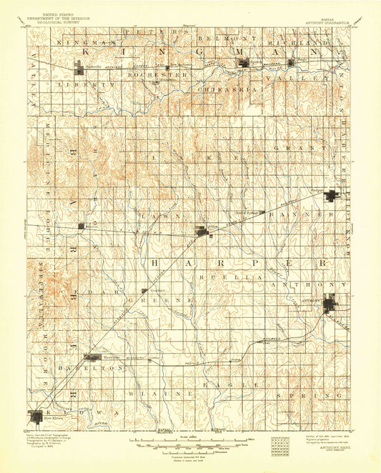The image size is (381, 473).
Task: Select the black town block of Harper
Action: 332,196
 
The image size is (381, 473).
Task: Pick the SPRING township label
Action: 327,394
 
